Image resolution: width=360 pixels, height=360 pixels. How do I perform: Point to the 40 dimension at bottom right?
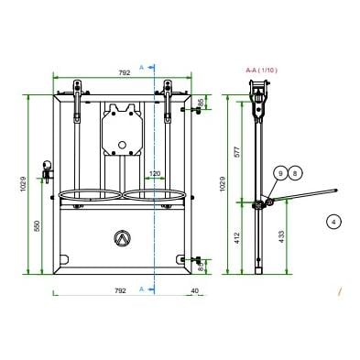194,289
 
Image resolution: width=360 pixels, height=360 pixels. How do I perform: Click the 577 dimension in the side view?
236,152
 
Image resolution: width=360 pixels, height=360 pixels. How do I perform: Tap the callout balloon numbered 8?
294,172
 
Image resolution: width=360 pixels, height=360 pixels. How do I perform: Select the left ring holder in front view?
91,194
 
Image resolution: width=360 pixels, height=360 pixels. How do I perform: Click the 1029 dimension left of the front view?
22,183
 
